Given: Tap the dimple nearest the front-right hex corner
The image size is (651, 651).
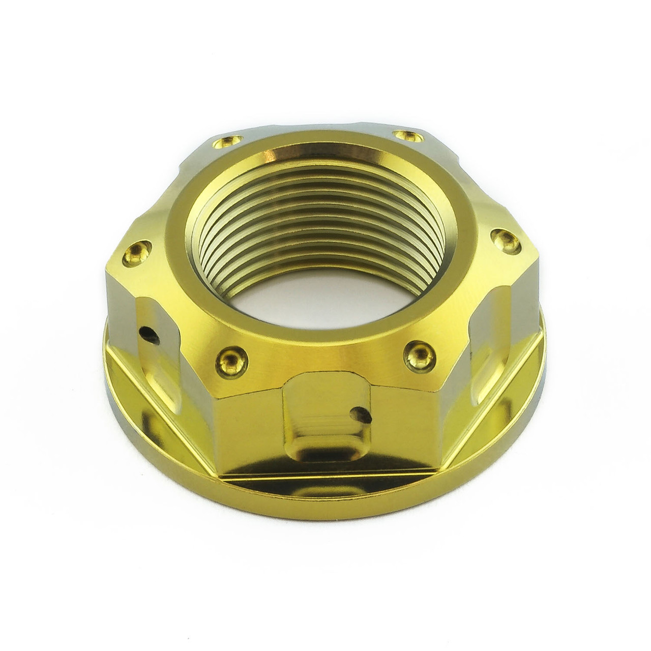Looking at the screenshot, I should coord(420,354).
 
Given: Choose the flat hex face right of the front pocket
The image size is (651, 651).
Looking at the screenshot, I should coord(412,417).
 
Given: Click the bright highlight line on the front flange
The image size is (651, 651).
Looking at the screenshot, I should coord(325,479).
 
